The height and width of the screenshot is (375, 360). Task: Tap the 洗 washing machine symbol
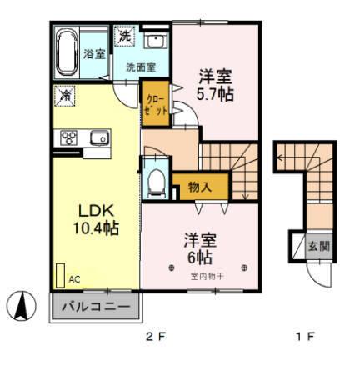124,37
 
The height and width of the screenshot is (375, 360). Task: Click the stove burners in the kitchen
68,138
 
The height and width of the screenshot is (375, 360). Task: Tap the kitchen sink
97,137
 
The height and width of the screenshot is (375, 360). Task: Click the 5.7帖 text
214,93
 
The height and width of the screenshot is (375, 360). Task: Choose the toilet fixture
155,182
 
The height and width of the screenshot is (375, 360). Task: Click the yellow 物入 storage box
198,187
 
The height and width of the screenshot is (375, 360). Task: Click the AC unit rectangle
61,276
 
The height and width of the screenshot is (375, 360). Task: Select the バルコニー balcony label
96,307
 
